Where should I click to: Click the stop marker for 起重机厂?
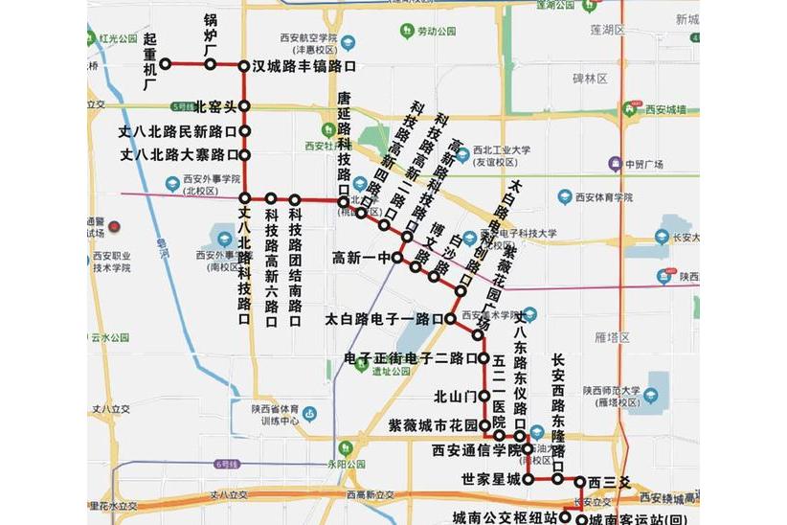coord(166,64)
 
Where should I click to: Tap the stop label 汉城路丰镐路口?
coord(304,67)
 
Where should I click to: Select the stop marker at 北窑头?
coord(244,105)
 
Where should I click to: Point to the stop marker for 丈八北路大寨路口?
coord(244,154)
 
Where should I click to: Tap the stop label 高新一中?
coord(363,258)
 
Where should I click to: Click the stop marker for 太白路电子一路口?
coord(449,318)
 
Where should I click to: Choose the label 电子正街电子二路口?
coord(404,359)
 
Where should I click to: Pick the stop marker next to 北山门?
coord(484,395)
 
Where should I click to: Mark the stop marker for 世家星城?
coord(528,478)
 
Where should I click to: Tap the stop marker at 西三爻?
coord(579,480)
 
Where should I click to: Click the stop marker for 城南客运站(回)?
coord(581,519)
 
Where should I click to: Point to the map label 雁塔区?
coord(610,337)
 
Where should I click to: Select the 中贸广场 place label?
coord(643,164)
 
